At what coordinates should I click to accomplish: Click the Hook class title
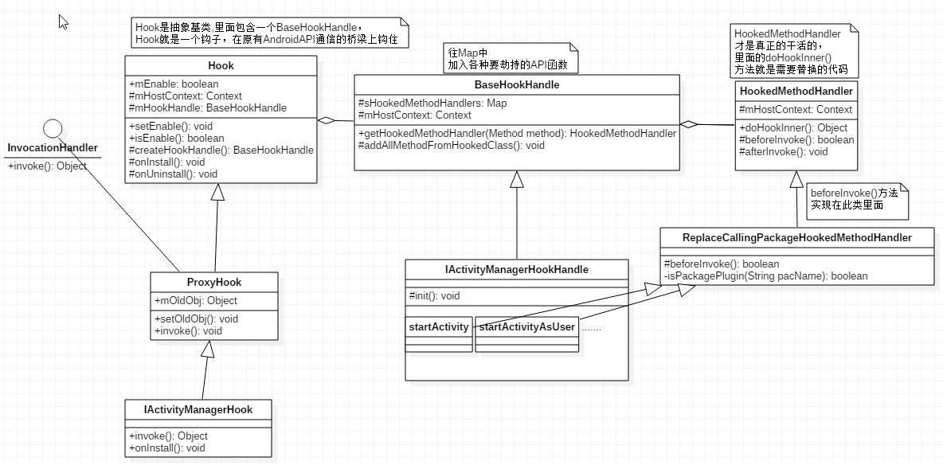point(221,65)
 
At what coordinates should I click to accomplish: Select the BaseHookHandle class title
point(516,84)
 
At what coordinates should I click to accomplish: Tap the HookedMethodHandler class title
point(796,92)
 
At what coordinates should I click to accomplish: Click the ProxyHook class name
point(214,282)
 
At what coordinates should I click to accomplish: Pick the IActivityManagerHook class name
point(198,409)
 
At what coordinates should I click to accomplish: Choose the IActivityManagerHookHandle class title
point(517,269)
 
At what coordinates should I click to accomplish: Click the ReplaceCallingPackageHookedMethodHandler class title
point(796,237)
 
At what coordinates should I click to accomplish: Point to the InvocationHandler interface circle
point(53,127)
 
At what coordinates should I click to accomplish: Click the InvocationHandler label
point(52,148)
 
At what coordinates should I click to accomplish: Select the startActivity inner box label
point(439,326)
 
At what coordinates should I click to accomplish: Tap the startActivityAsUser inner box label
point(526,326)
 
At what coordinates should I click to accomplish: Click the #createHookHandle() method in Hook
point(221,150)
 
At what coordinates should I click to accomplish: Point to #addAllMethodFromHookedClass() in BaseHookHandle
point(452,145)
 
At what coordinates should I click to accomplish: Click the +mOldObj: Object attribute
point(195,301)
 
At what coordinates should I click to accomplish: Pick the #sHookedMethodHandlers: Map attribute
point(432,104)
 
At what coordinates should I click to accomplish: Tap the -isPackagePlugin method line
point(765,275)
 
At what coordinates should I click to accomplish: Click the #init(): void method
point(434,295)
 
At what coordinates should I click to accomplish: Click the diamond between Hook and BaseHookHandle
point(325,121)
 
